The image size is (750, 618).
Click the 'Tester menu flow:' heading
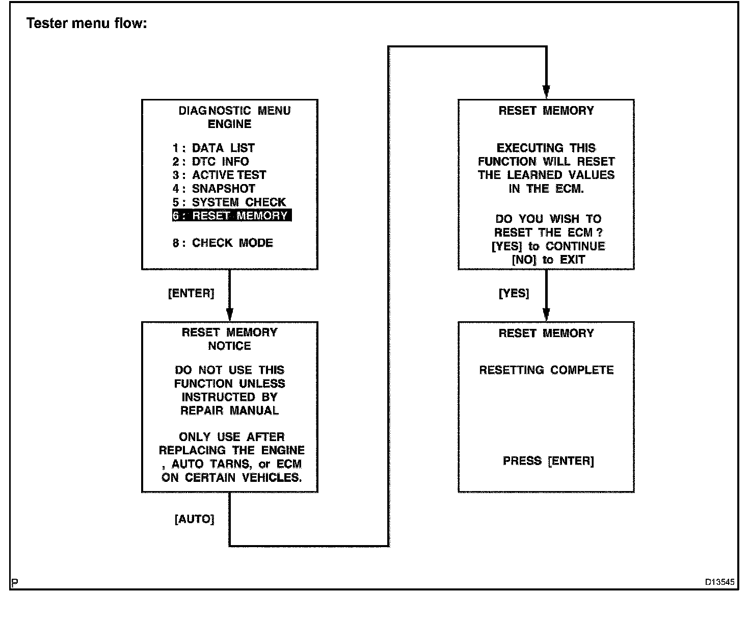tap(87, 23)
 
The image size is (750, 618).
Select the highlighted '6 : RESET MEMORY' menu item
tap(231, 216)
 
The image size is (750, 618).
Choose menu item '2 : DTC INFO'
tap(210, 162)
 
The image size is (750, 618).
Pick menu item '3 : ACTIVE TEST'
tap(219, 175)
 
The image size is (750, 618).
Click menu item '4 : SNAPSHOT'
tap(213, 189)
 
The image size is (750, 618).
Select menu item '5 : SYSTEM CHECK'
tap(229, 202)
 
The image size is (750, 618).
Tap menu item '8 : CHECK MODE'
tap(223, 243)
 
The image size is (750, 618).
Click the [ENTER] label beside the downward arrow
tap(191, 293)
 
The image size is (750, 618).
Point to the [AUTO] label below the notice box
tap(194, 519)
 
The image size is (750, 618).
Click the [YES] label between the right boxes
tap(514, 293)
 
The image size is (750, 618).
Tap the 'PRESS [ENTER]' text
tap(548, 461)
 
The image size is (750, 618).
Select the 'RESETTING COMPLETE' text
tap(546, 370)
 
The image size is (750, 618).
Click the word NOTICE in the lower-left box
tap(229, 346)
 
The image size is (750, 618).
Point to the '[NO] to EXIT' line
tap(548, 260)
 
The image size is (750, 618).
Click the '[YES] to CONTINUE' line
tap(548, 246)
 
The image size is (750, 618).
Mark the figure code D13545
tap(719, 582)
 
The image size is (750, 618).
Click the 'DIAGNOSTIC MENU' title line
tap(234, 111)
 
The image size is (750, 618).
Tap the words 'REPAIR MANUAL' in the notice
tap(229, 410)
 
